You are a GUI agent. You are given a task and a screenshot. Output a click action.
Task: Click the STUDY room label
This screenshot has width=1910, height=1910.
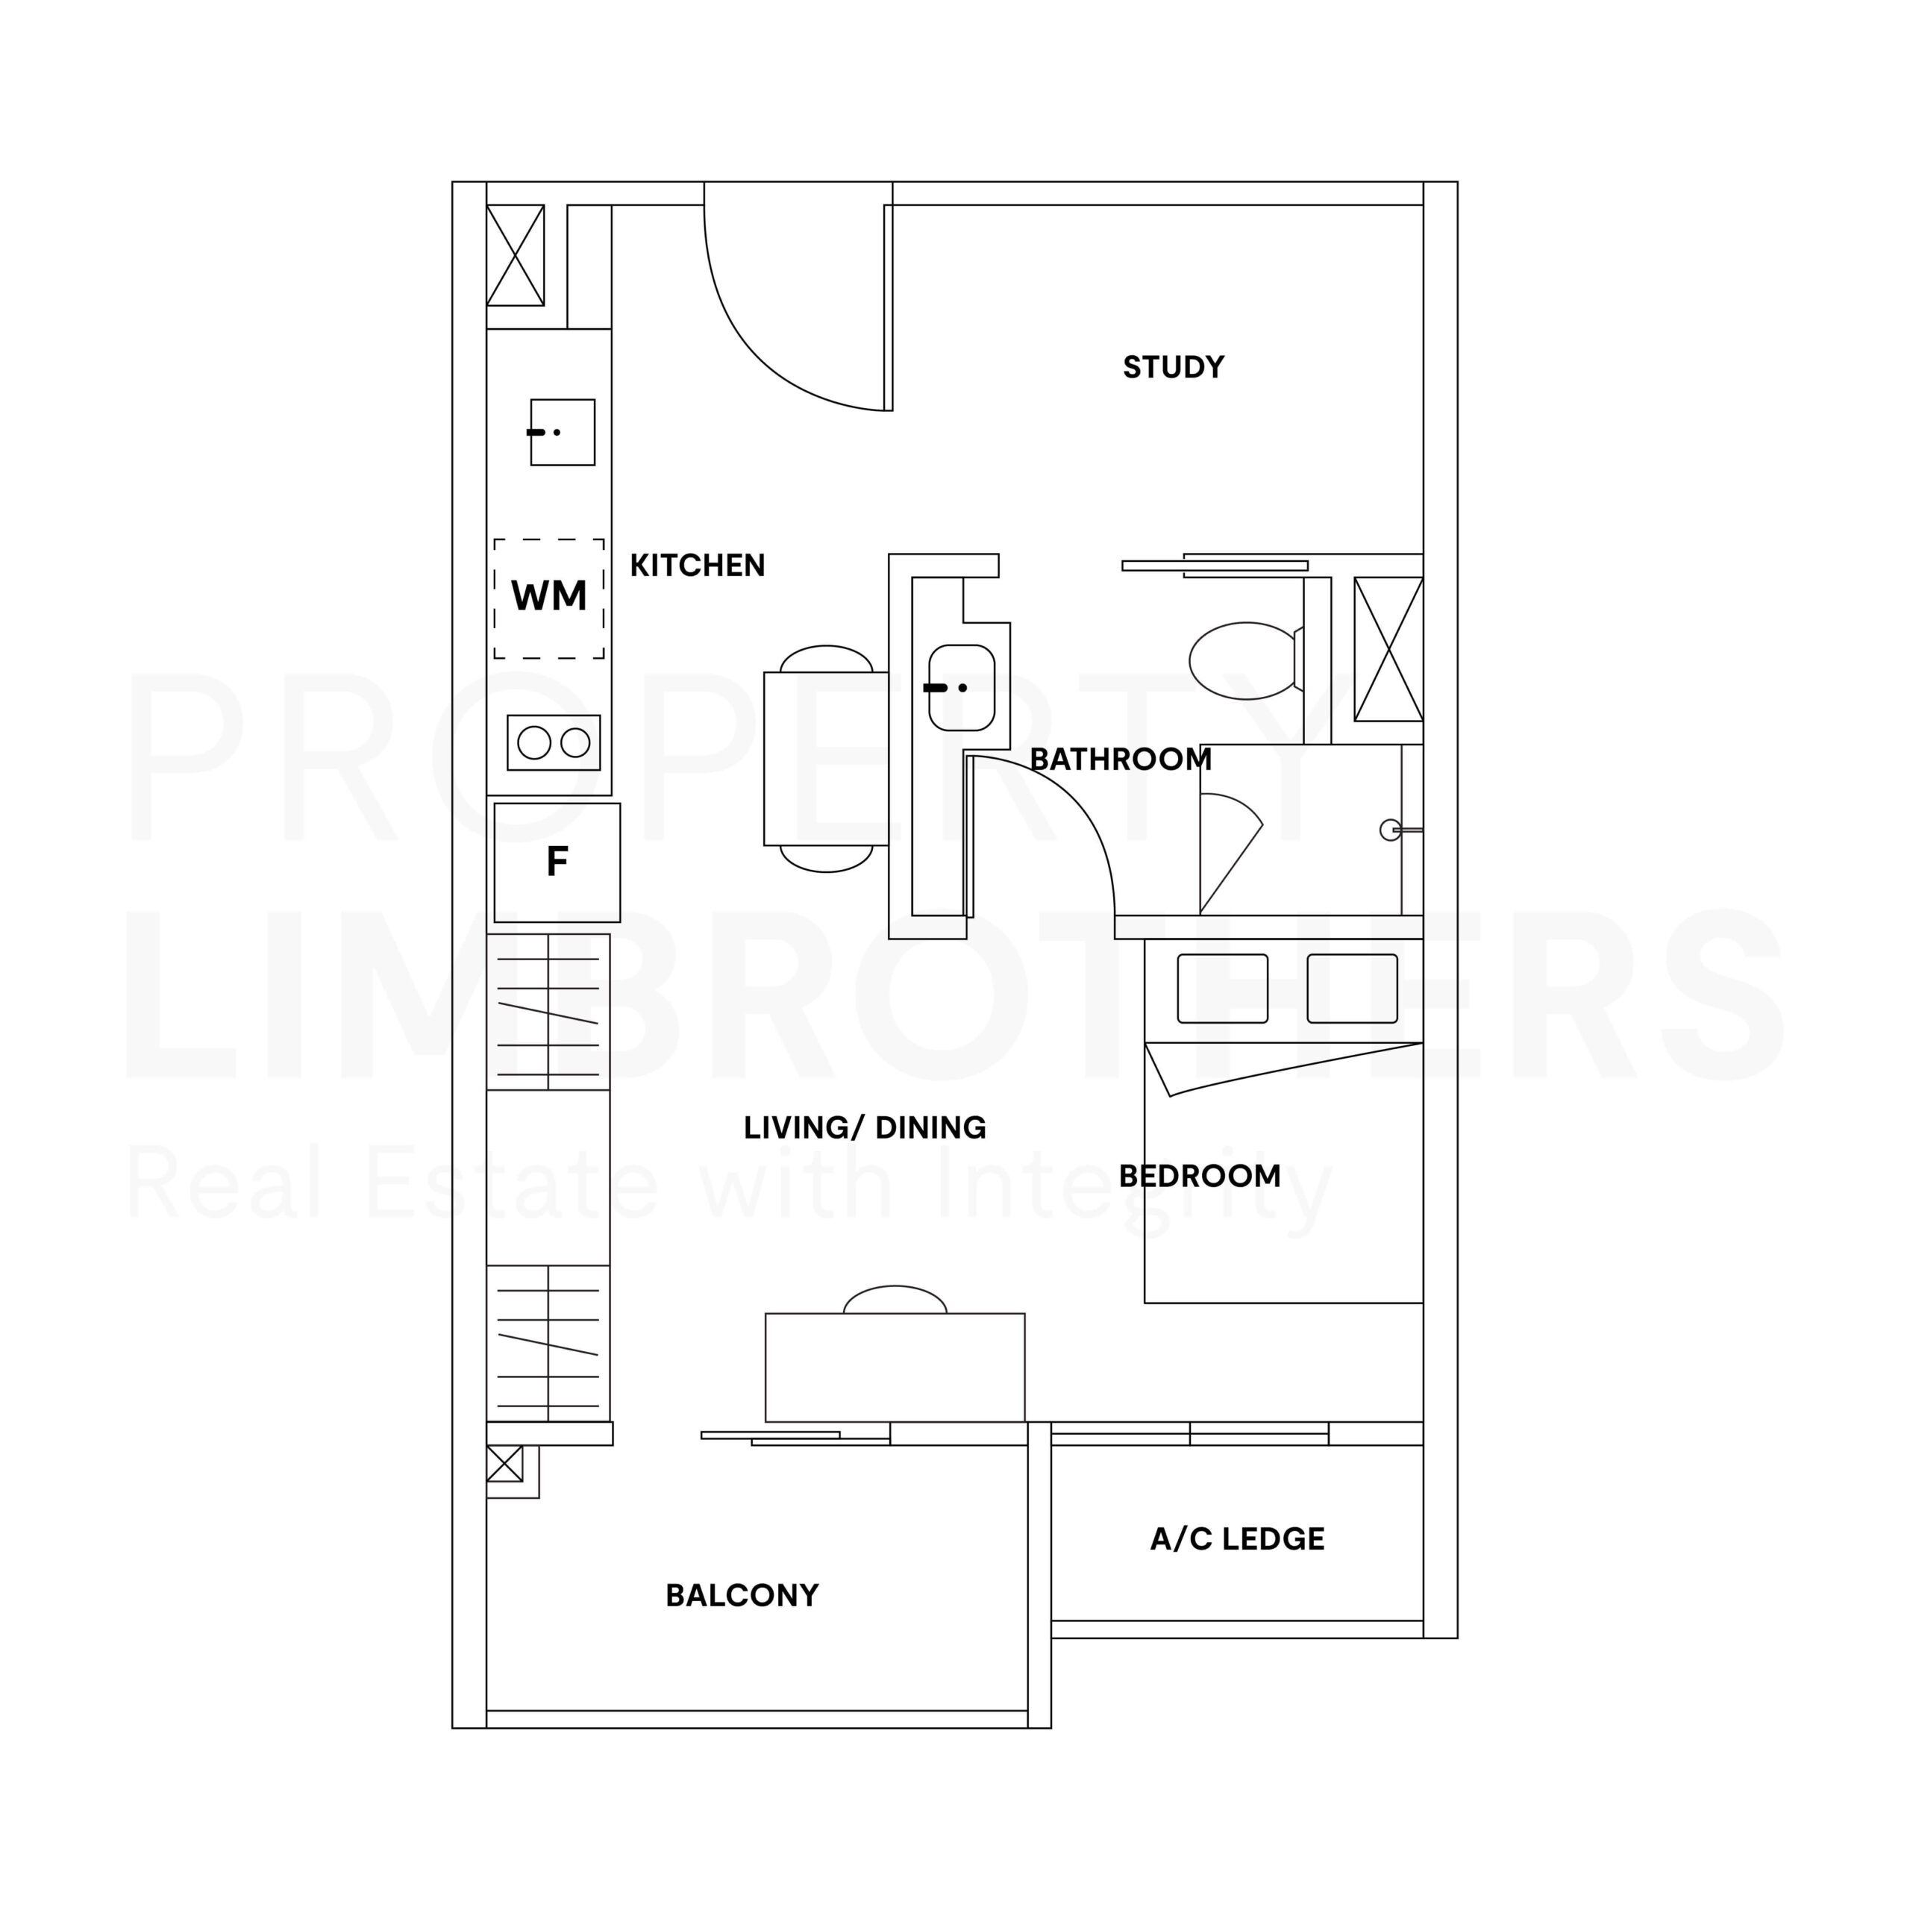1174,368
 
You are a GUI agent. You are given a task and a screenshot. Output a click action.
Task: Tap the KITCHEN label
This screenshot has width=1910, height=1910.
698,566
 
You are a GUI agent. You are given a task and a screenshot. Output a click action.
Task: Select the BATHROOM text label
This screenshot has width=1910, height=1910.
1121,760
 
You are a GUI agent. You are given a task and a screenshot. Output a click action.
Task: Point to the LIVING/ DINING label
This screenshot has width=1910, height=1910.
865,1128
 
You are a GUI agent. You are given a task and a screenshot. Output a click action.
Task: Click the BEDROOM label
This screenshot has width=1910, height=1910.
1200,1177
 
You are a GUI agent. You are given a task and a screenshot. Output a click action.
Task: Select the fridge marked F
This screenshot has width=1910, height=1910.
557,862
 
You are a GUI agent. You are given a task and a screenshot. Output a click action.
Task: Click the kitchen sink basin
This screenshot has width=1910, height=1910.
563,432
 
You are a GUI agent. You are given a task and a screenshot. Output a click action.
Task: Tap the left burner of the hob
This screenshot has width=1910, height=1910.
534,742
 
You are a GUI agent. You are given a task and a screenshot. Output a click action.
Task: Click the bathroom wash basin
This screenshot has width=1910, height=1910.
962,688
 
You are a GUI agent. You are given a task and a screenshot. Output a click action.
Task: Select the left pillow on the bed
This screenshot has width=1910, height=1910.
1223,989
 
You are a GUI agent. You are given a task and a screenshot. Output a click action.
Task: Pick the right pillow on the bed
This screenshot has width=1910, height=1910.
1353,989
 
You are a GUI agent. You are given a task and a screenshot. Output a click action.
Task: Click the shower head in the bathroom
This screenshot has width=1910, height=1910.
1390,830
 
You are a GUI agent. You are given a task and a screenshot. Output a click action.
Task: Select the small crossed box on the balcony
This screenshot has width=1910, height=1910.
504,1464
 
